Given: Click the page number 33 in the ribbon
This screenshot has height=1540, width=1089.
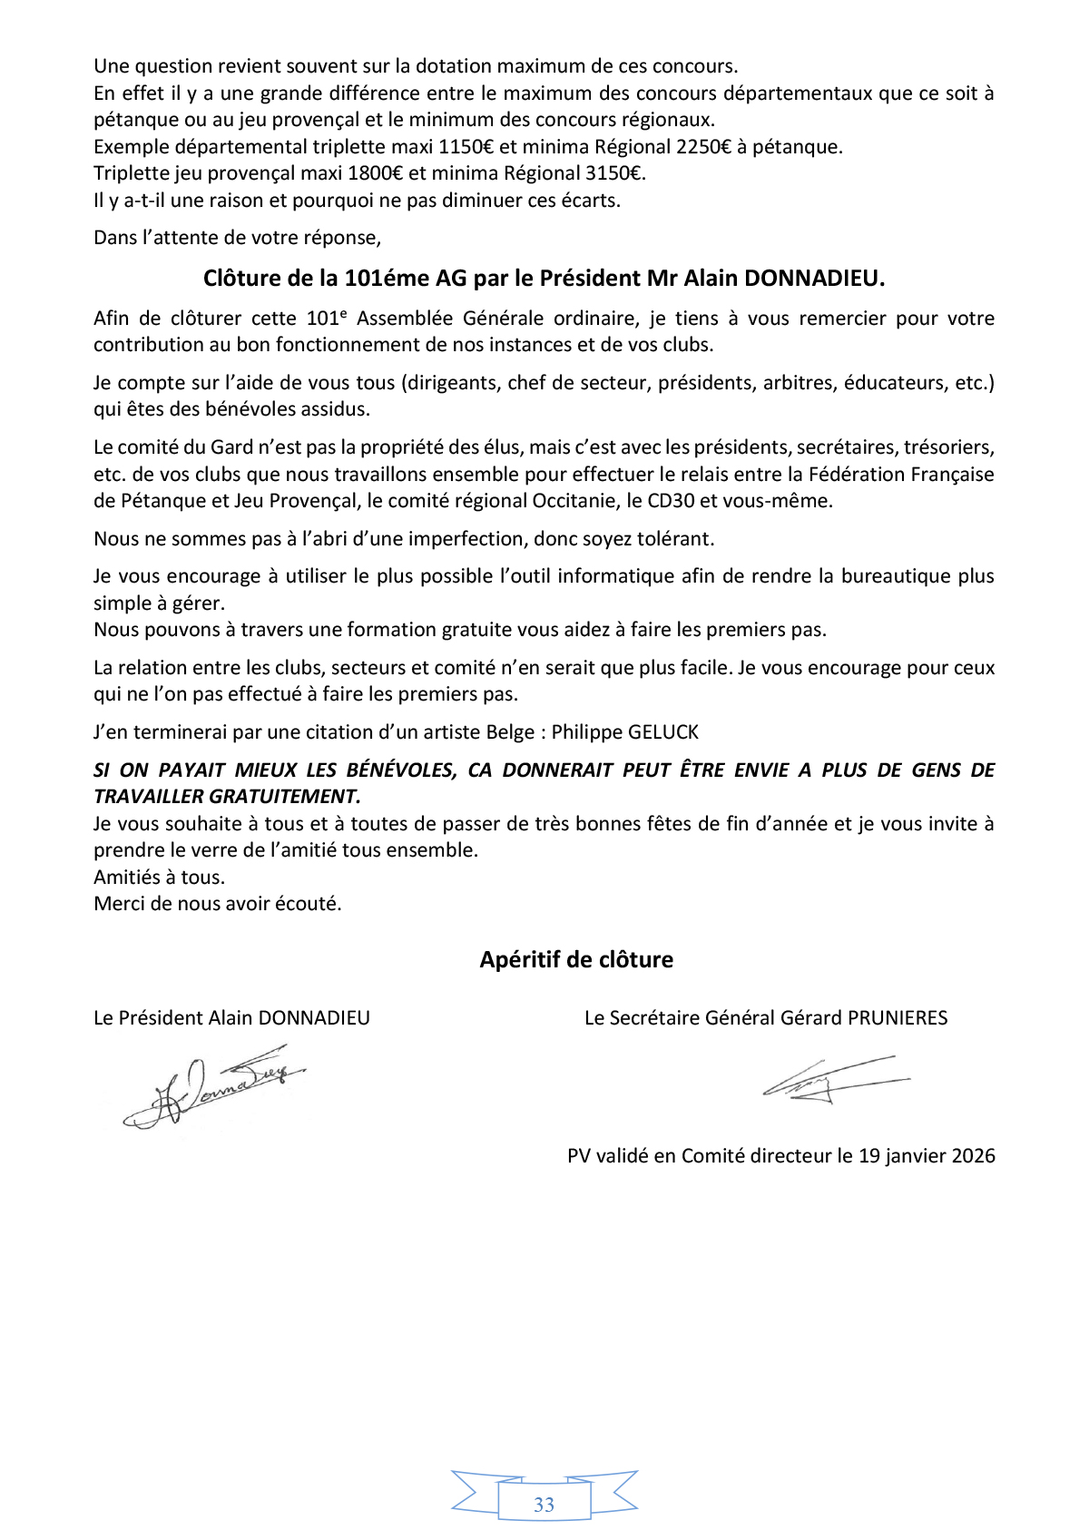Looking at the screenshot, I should click(x=544, y=1505).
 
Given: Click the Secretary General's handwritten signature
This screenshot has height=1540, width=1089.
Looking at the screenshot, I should click(x=835, y=1080).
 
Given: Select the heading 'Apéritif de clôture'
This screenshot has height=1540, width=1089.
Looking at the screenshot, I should click(x=576, y=960).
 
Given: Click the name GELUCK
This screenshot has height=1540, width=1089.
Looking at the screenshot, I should click(x=661, y=732).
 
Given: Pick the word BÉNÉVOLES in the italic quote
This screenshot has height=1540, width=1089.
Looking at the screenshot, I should click(x=400, y=770).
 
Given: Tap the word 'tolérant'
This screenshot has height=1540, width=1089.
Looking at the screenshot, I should click(x=679, y=539).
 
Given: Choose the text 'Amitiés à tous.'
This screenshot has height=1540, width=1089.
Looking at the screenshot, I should click(x=159, y=878).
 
